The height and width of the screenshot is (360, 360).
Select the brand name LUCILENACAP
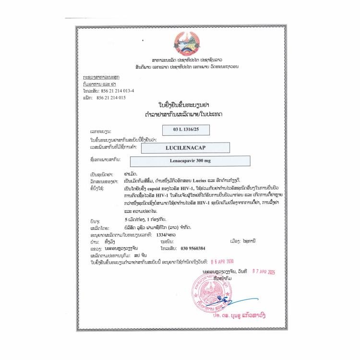tap(182, 147)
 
